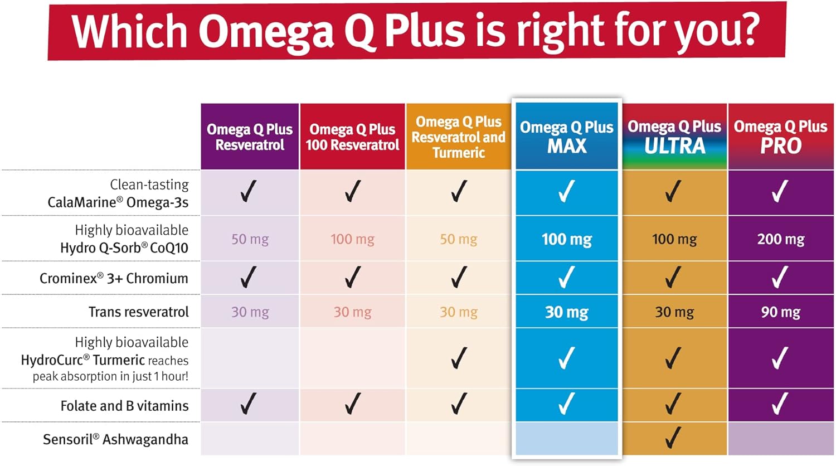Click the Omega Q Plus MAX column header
coord(566,137)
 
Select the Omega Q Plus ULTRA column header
coord(674,137)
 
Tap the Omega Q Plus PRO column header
coord(780,137)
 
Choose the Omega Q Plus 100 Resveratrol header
coord(352,137)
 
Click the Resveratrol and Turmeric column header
coord(458,137)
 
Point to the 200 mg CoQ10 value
coord(780,239)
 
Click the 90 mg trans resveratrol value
coord(780,312)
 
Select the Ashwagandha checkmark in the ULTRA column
coord(673,438)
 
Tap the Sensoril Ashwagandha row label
coord(115,439)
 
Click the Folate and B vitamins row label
coord(124,406)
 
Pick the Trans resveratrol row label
coord(138,312)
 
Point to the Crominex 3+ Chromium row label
coord(114,278)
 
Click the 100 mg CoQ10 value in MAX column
coord(566,239)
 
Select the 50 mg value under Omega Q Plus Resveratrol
coord(250,239)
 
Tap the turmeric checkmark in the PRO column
coord(780,358)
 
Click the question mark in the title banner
coord(746,31)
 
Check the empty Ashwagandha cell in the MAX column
coord(566,439)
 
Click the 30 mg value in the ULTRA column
coord(674,312)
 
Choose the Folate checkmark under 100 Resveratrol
coord(352,404)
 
